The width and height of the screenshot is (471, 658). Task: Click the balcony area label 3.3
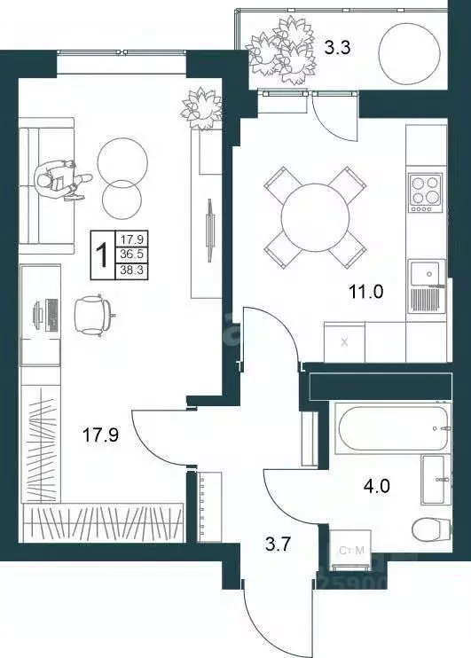click(x=336, y=49)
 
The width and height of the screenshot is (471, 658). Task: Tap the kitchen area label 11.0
click(x=363, y=290)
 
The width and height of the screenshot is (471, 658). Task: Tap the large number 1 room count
click(x=103, y=251)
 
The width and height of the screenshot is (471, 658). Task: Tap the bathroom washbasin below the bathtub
click(x=439, y=480)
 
